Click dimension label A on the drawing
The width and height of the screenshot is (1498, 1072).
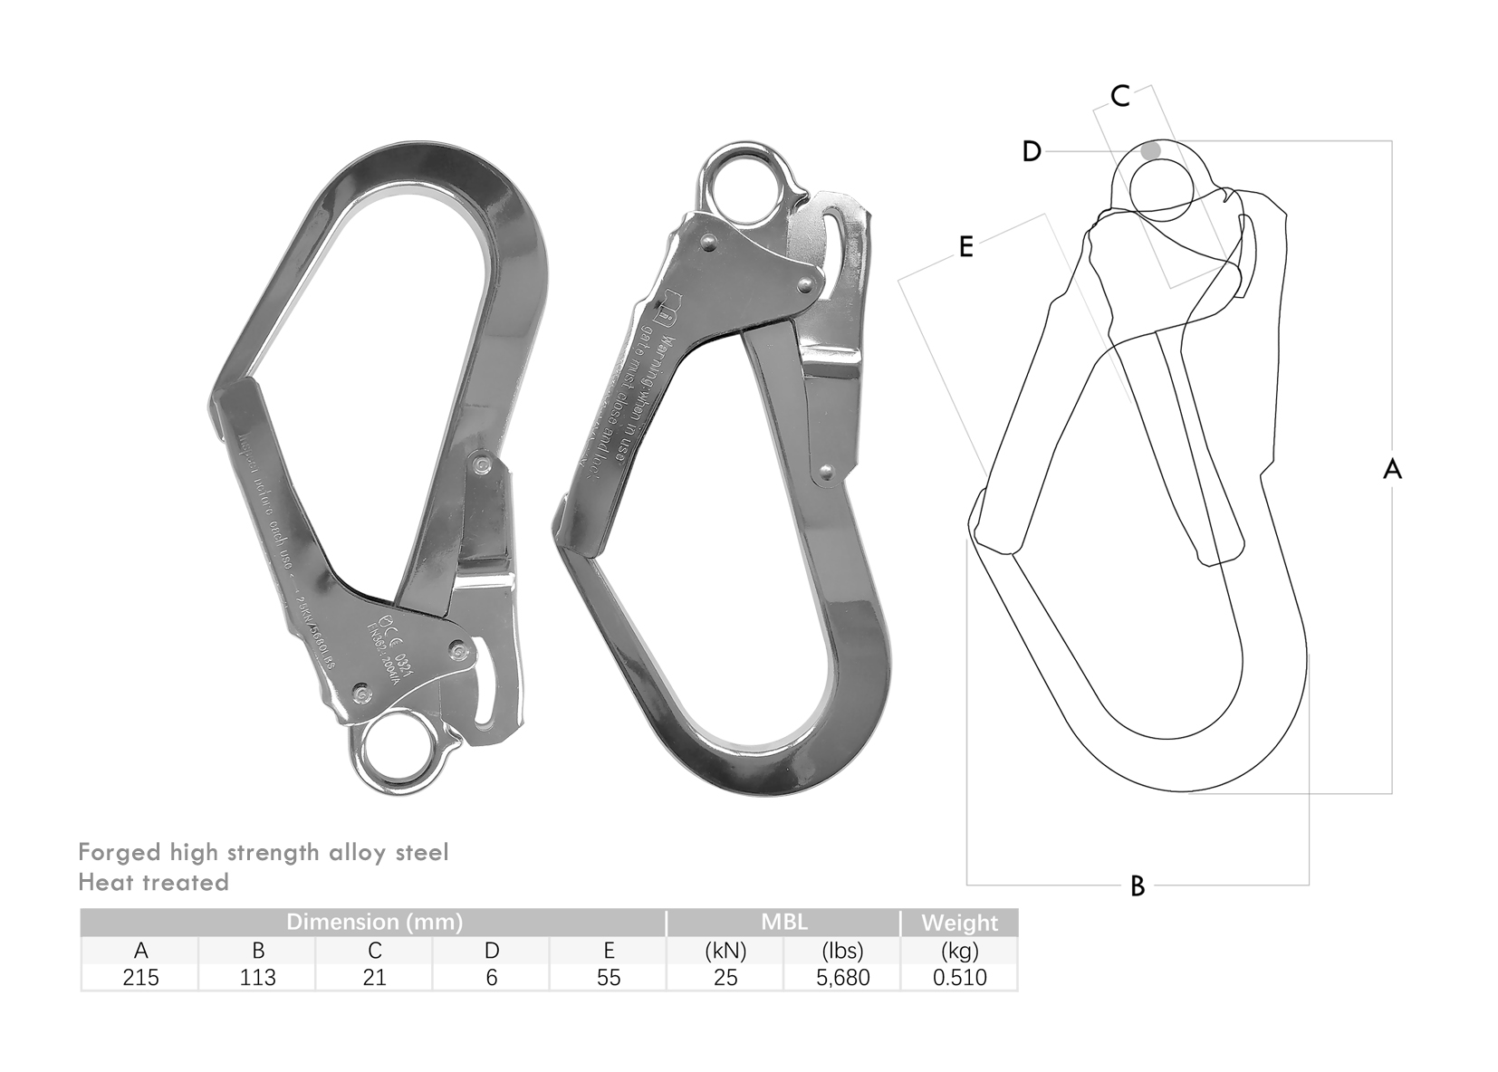coord(1392,469)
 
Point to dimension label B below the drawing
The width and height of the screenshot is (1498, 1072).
coord(1138,885)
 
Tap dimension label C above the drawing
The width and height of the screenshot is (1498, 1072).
coord(1120,96)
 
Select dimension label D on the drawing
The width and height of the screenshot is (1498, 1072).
coord(1032,151)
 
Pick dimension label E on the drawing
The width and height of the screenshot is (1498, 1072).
coord(965,246)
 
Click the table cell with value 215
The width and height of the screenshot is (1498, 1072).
coord(140,978)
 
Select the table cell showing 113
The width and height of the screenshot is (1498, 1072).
coord(257,978)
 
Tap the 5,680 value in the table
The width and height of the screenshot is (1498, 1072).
coord(842,978)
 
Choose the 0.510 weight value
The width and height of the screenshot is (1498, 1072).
coord(959,978)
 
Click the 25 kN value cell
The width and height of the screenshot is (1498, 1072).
coord(725,978)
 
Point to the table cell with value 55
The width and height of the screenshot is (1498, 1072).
coord(609,978)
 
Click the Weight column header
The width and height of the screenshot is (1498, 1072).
coord(959,924)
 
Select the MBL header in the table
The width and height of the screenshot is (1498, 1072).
coord(783,923)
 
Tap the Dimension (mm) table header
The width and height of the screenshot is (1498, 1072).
coord(374,923)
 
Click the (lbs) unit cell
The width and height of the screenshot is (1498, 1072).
coord(842,951)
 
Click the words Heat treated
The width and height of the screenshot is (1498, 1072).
coord(153,882)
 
